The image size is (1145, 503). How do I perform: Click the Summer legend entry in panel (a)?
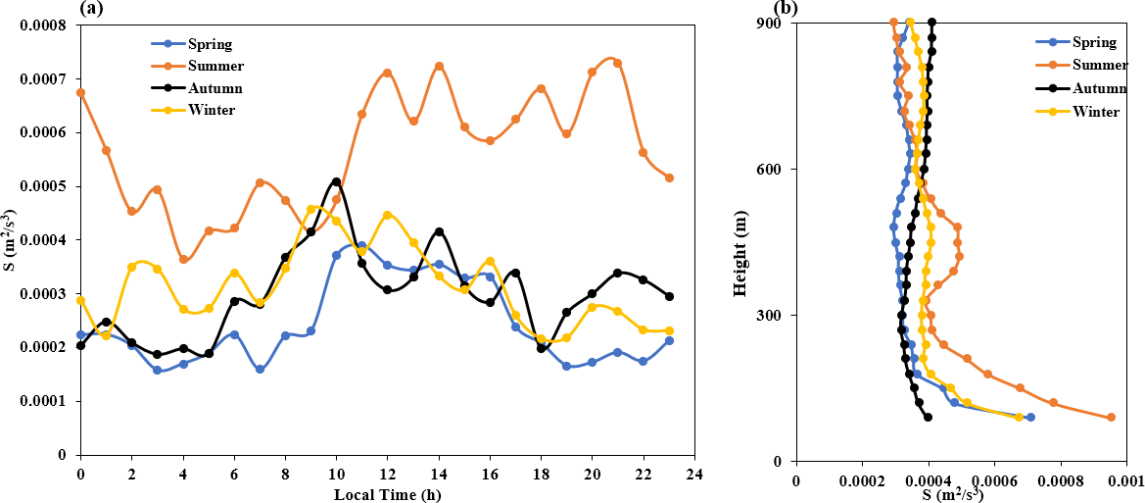tap(202, 66)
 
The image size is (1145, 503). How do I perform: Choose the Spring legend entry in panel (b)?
tap(1074, 41)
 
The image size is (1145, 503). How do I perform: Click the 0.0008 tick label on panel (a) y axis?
tap(46, 25)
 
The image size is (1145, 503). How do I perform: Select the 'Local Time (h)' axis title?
tap(388, 494)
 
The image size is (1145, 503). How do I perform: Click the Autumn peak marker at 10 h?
tap(336, 181)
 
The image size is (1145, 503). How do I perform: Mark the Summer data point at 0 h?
tap(80, 93)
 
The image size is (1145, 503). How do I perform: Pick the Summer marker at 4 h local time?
tap(183, 260)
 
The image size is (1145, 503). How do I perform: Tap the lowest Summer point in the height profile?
tap(1112, 418)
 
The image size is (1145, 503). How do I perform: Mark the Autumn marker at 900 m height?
tap(931, 23)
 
